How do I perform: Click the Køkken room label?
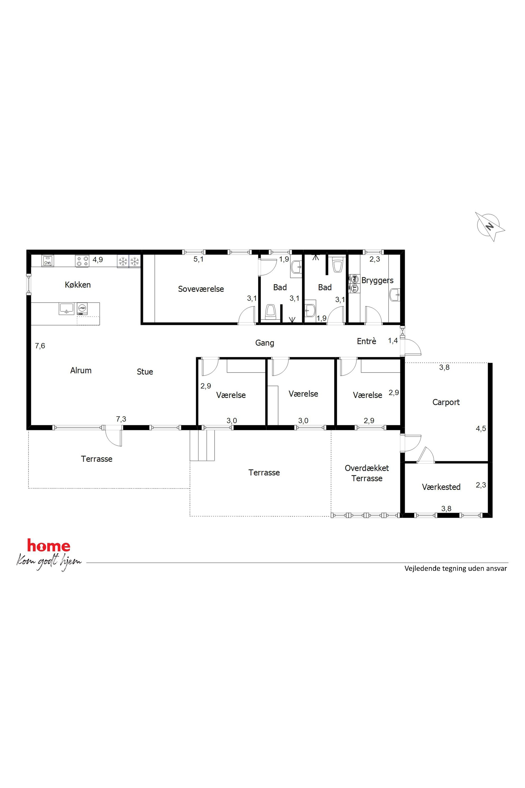[x=78, y=285]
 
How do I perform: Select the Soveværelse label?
[x=201, y=289]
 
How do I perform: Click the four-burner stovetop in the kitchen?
[x=82, y=261]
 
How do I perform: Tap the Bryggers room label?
[x=377, y=281]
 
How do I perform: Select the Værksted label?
[x=441, y=487]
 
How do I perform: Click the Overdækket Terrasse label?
[x=367, y=473]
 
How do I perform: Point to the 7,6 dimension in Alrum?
[x=40, y=346]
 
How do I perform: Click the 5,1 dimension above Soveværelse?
[x=198, y=259]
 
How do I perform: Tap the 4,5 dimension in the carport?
[x=481, y=428]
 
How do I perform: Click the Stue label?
[x=145, y=371]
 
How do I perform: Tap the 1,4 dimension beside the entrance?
[x=393, y=341]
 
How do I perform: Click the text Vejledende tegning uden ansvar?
[x=456, y=568]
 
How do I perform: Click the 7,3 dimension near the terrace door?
[x=121, y=419]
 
